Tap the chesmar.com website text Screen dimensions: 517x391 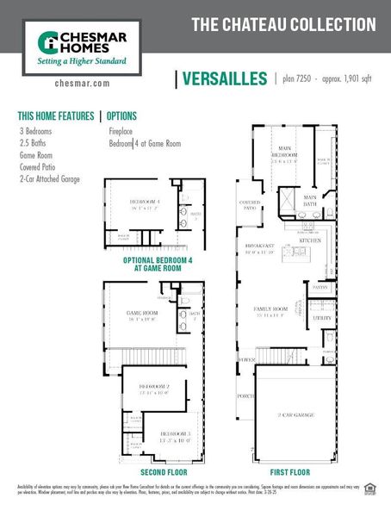pyautogui.click(x=82, y=84)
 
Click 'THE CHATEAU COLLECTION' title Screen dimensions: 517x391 pyautogui.click(x=283, y=23)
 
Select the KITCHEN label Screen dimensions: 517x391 pyautogui.click(x=310, y=240)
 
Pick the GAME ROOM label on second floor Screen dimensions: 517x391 pyautogui.click(x=143, y=315)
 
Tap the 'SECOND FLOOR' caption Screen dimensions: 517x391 pyautogui.click(x=164, y=473)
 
